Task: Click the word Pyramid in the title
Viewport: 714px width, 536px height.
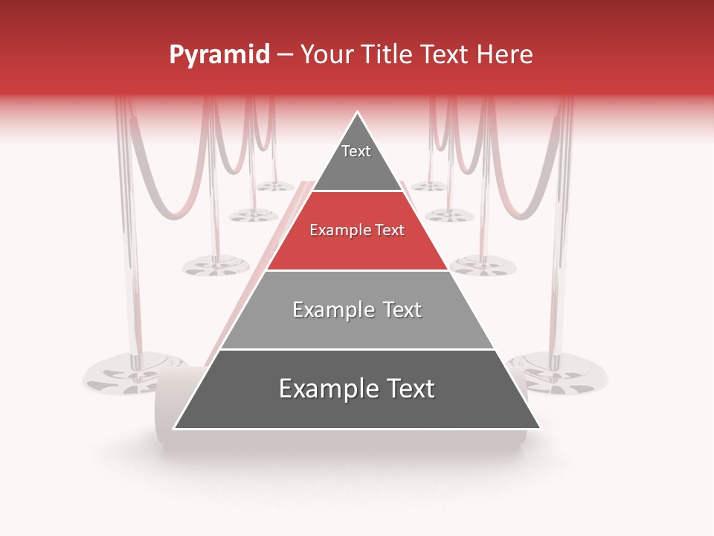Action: click(x=219, y=55)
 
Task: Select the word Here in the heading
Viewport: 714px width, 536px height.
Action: click(x=504, y=55)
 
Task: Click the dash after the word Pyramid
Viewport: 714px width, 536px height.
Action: click(x=285, y=55)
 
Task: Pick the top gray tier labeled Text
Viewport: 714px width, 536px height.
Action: click(x=356, y=160)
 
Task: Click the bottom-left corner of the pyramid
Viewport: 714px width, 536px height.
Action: click(x=174, y=429)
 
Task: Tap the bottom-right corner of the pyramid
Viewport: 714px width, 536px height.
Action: click(x=541, y=429)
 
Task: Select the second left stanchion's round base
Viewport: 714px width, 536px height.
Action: click(x=216, y=264)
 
